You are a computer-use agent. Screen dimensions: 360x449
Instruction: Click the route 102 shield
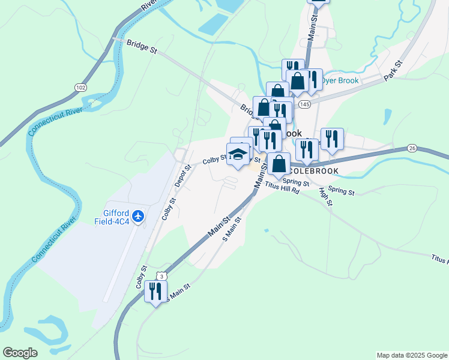point(80,88)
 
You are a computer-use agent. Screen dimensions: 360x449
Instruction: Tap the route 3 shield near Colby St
point(161,275)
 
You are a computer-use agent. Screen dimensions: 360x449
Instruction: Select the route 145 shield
point(304,104)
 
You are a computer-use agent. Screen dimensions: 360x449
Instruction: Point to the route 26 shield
point(411,148)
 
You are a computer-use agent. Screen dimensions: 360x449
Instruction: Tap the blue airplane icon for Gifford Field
point(139,215)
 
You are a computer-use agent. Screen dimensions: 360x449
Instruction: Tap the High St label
point(326,197)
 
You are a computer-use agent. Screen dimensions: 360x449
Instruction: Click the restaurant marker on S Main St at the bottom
point(155,292)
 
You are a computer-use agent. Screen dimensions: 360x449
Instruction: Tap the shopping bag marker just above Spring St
point(279,163)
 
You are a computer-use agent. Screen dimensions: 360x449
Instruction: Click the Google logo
point(20,353)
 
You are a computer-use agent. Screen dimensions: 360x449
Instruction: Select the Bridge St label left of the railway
point(142,47)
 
